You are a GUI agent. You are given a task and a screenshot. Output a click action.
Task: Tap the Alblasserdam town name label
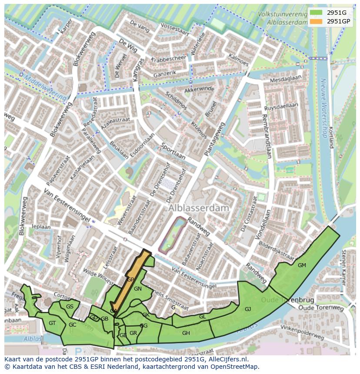[199, 208]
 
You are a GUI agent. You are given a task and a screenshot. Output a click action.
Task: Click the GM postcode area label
[302, 265]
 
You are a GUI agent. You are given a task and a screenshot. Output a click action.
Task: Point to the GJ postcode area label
[248, 309]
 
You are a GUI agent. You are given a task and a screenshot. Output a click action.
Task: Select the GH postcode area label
[186, 333]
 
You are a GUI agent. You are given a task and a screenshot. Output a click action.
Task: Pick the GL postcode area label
[202, 317]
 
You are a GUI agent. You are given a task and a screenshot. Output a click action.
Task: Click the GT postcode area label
[52, 323]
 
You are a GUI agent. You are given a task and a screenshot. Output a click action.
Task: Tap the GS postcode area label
[70, 307]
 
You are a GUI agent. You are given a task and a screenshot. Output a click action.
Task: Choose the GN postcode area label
[138, 289]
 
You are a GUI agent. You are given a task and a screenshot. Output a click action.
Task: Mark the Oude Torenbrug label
[281, 300]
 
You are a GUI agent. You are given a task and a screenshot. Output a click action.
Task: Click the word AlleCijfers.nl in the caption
[226, 359]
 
